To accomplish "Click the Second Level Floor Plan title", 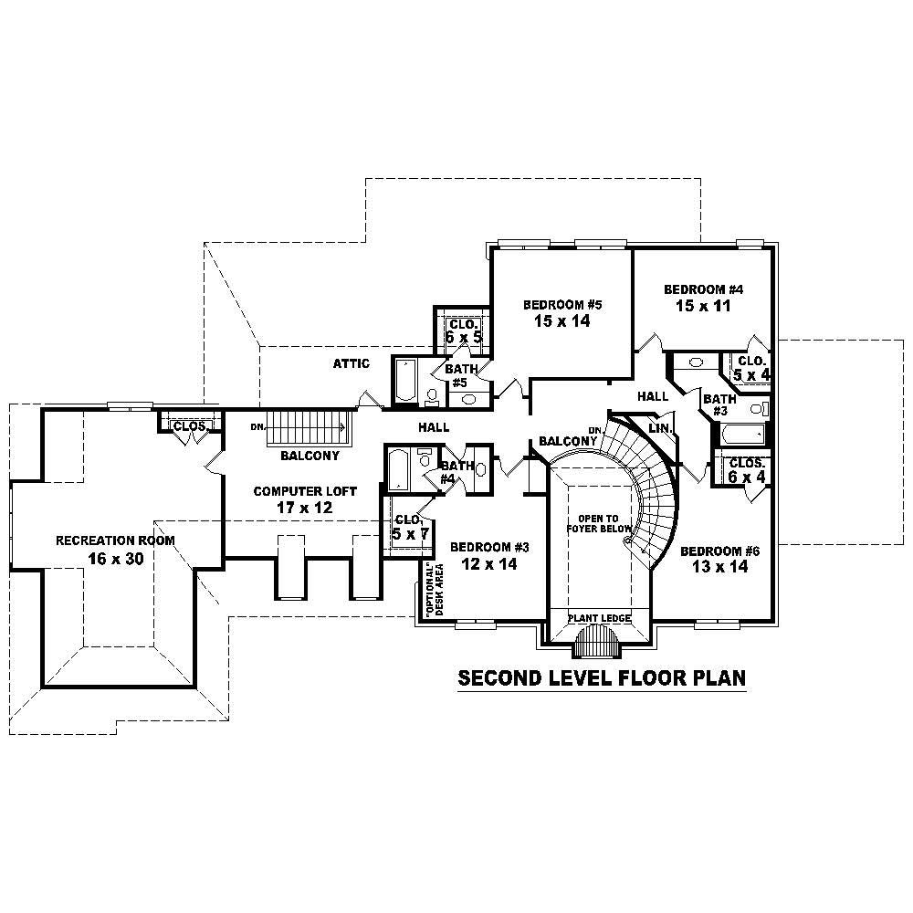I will pyautogui.click(x=602, y=678).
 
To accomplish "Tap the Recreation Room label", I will pyautogui.click(x=115, y=540).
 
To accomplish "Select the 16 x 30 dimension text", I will pyautogui.click(x=115, y=559).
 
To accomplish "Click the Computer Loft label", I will pyautogui.click(x=292, y=491).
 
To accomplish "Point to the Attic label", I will pyautogui.click(x=351, y=364).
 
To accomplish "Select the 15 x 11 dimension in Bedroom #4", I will pyautogui.click(x=702, y=306).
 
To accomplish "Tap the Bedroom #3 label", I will pyautogui.click(x=490, y=547).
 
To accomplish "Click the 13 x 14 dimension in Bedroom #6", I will pyautogui.click(x=720, y=567).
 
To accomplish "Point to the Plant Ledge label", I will pyautogui.click(x=599, y=618).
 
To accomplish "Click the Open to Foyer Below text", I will pyautogui.click(x=599, y=523).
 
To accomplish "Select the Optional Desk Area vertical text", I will pyautogui.click(x=433, y=591).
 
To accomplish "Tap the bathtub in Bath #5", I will pyautogui.click(x=404, y=381).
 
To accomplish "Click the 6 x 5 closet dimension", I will pyautogui.click(x=463, y=338).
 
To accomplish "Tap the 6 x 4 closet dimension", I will pyautogui.click(x=746, y=477).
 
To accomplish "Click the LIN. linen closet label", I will pyautogui.click(x=660, y=428).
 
